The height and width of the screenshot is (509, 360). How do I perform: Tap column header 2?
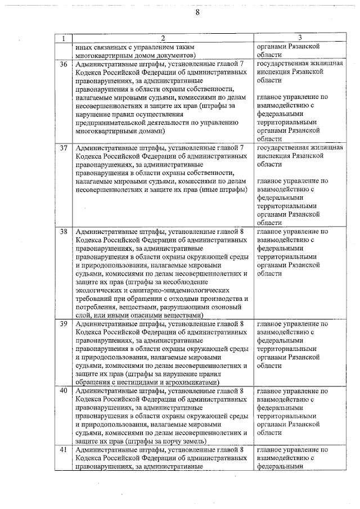click(x=163, y=38)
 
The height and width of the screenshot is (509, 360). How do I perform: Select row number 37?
click(x=64, y=148)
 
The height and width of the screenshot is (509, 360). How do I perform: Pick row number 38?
click(x=64, y=232)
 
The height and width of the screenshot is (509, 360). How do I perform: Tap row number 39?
click(x=64, y=324)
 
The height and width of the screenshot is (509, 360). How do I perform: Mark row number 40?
click(x=64, y=391)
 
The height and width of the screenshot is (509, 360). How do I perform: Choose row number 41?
click(x=64, y=450)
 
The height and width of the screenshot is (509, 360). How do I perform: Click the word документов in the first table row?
click(x=174, y=56)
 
